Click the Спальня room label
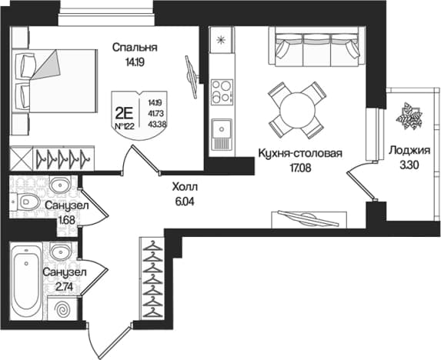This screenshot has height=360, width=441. click(x=135, y=48)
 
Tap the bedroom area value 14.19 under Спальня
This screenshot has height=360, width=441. click(x=135, y=62)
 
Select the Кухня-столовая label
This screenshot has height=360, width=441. click(x=300, y=153)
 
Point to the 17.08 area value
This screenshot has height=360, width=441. click(x=300, y=168)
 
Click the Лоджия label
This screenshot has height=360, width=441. click(x=409, y=151)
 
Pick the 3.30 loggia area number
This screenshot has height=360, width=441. click(x=409, y=165)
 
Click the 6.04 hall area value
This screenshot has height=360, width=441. click(x=185, y=202)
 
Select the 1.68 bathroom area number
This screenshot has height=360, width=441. click(x=66, y=219)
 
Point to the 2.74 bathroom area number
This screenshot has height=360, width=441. click(x=64, y=287)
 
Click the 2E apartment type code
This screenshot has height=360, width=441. click(x=125, y=114)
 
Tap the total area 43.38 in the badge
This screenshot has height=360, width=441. click(x=155, y=124)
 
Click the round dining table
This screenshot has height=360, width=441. click(x=297, y=110)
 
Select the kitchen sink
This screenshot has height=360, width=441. click(x=222, y=134)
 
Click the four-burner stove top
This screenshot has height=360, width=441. click(x=222, y=92)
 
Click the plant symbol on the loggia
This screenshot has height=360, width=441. click(x=409, y=116)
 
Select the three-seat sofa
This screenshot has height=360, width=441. click(x=317, y=47)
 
